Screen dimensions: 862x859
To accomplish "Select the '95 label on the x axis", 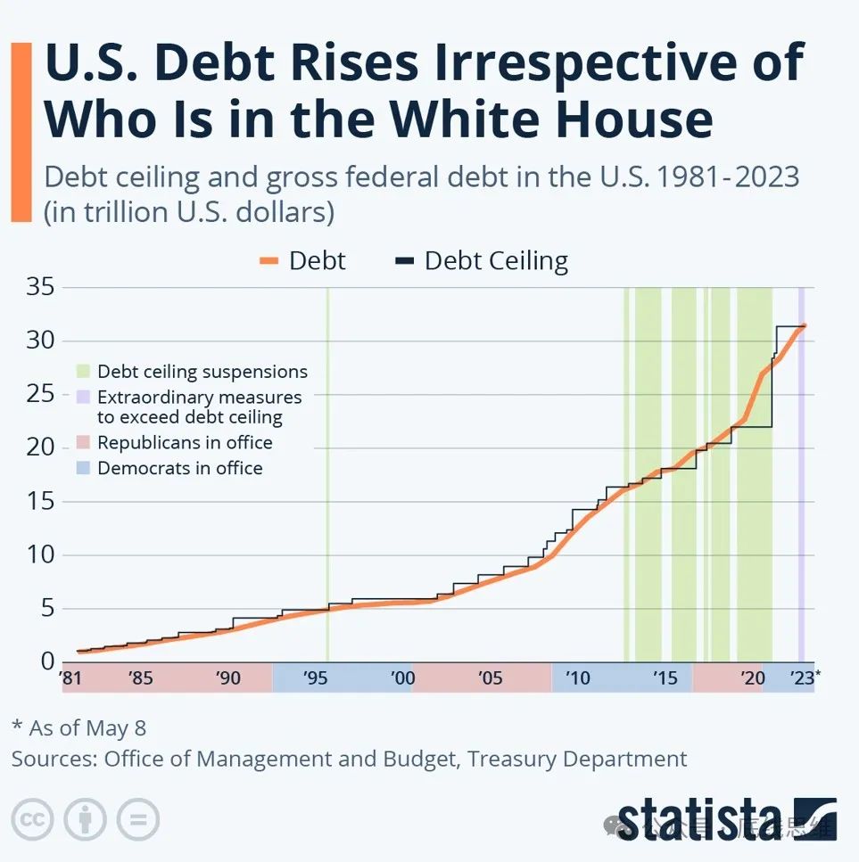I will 316,678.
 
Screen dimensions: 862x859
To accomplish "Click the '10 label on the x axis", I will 578,678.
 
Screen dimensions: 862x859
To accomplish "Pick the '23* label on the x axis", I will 805,678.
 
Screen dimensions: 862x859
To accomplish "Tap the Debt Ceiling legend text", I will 496,261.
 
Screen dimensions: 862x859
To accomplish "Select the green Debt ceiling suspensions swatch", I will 84,372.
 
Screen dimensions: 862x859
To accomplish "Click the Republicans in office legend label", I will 185,442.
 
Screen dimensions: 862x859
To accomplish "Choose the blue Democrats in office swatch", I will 84,468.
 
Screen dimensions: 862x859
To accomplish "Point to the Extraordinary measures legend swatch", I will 84,398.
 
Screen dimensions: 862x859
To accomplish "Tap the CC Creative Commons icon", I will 33,818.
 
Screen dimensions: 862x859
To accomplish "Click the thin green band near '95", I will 327,472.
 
